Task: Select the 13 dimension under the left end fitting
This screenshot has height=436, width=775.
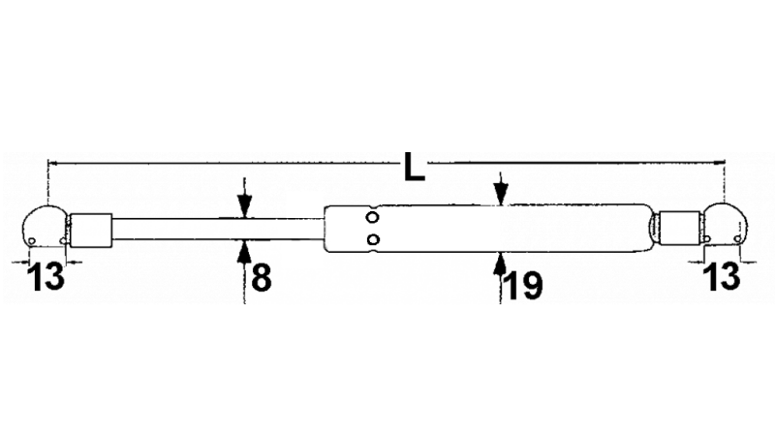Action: tap(46, 277)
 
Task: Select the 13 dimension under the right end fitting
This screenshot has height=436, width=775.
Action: tap(722, 276)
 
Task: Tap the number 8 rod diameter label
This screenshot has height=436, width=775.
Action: tap(262, 277)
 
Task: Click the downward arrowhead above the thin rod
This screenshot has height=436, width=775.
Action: tap(245, 205)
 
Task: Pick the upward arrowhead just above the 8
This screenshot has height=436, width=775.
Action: tap(244, 251)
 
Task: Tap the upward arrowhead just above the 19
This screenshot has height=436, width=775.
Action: tap(501, 263)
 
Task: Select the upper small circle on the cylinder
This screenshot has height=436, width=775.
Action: tap(373, 217)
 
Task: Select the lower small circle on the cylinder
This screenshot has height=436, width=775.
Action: tap(374, 239)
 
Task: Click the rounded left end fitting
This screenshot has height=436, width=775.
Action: tap(45, 227)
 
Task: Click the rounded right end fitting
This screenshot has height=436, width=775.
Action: tap(724, 224)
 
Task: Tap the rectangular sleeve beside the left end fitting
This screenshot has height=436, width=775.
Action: tap(91, 230)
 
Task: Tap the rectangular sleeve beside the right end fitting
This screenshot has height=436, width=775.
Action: tap(680, 228)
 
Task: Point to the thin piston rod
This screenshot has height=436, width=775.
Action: tap(218, 229)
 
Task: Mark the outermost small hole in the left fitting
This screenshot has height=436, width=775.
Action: tap(32, 240)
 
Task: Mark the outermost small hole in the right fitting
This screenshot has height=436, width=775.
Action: tap(737, 239)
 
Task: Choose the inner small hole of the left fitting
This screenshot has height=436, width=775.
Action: tap(62, 240)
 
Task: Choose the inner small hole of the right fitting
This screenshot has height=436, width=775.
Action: tap(707, 238)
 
